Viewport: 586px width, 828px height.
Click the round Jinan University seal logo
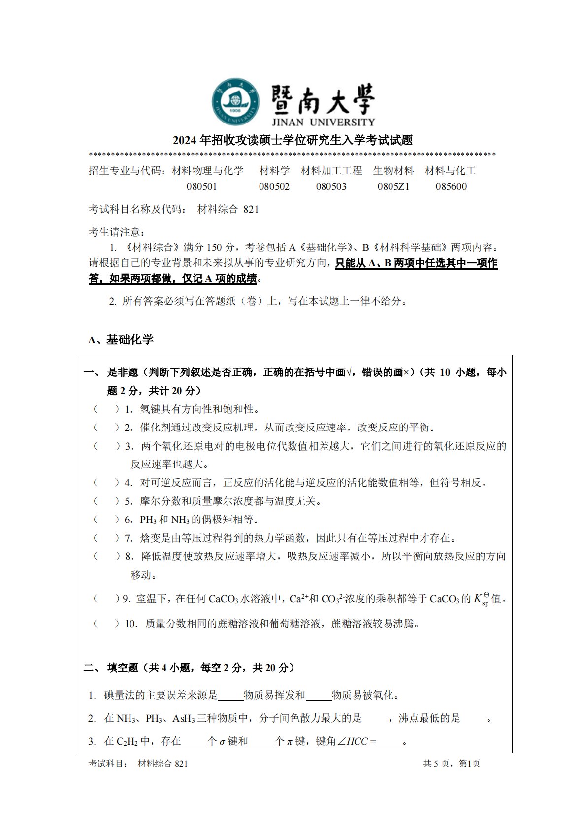(x=236, y=101)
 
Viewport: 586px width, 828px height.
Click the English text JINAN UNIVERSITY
(x=323, y=122)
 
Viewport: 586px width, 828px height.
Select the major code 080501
(x=202, y=186)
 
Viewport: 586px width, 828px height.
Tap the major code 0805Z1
(x=393, y=186)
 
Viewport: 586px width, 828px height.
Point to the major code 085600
(x=451, y=186)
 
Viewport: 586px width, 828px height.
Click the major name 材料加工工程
(x=331, y=171)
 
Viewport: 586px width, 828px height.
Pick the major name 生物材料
(x=393, y=171)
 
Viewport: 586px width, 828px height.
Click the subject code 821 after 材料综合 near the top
(x=251, y=209)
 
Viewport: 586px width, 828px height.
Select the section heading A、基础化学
(x=121, y=339)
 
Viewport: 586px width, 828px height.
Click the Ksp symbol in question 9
(x=482, y=599)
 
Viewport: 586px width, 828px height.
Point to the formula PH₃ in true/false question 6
(x=148, y=520)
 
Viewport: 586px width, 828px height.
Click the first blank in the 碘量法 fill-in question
(x=230, y=695)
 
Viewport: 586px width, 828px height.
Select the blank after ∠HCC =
(x=390, y=741)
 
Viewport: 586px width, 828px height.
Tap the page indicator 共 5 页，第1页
(x=451, y=763)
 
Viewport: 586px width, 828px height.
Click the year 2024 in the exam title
(x=185, y=140)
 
